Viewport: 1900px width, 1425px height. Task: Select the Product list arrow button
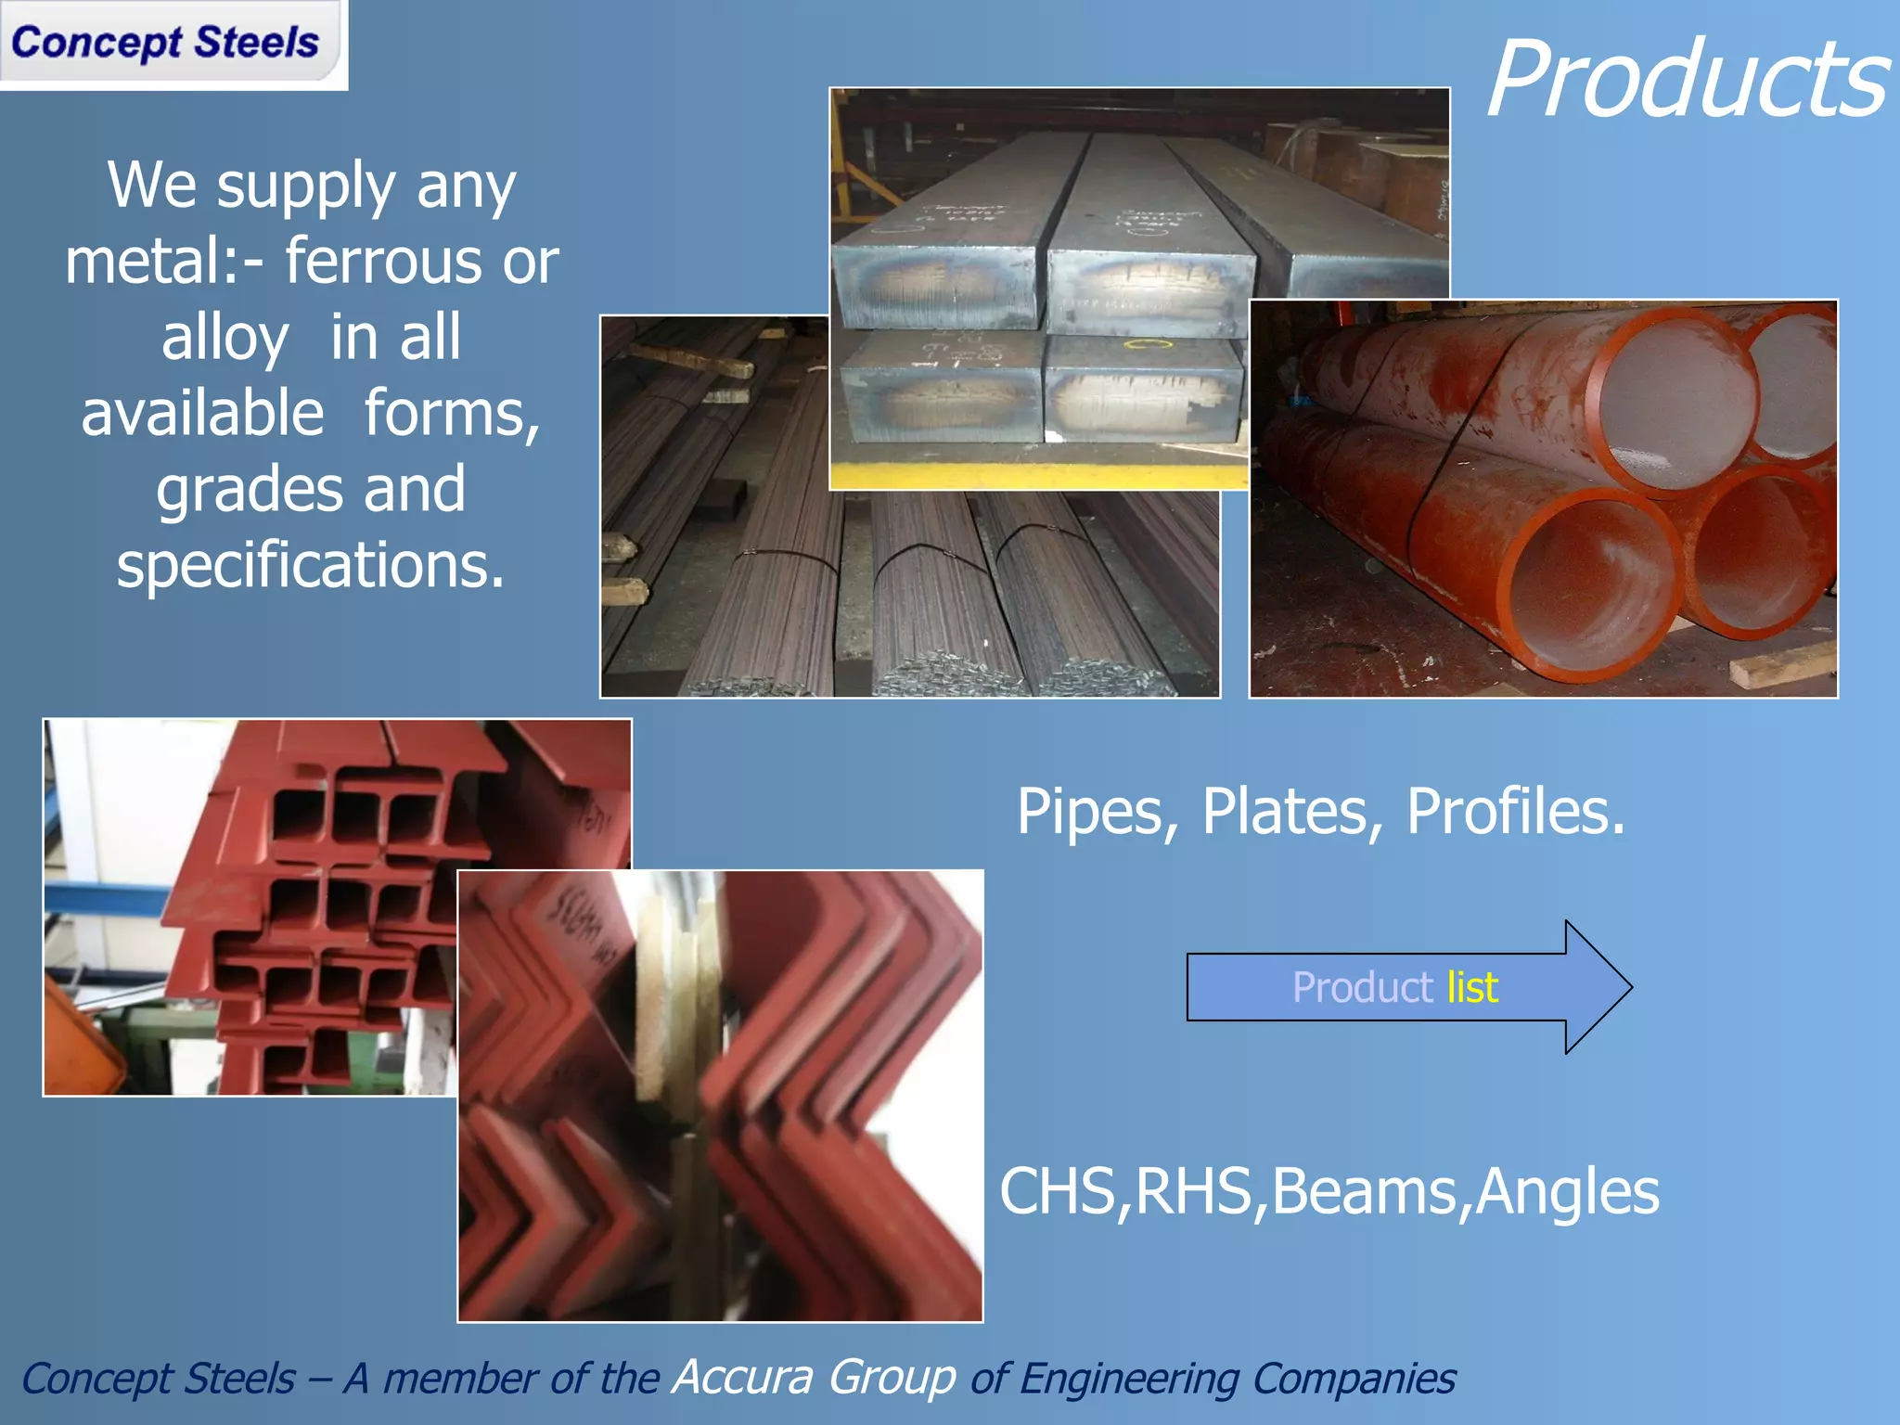[1407, 987]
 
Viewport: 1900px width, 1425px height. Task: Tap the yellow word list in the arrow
[1472, 987]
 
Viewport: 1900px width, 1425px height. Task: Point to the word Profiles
[1515, 813]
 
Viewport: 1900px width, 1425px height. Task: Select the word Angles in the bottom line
[1567, 1192]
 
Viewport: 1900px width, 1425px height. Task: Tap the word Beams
[1365, 1192]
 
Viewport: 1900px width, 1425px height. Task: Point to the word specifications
[310, 565]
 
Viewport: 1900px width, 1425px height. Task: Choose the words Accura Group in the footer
[814, 1377]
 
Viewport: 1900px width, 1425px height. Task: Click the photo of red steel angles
[720, 1096]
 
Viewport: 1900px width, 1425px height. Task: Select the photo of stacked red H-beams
[250, 907]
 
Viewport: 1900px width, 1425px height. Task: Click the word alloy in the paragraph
[225, 337]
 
